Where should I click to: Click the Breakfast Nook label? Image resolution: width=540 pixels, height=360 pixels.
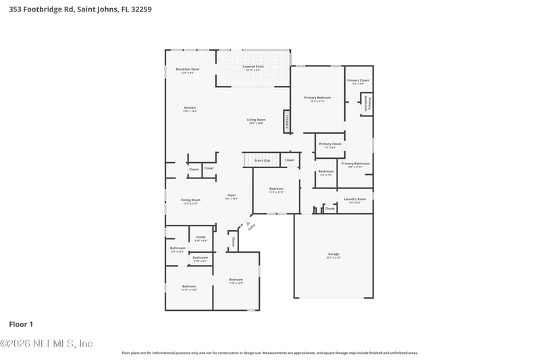[x=188, y=70]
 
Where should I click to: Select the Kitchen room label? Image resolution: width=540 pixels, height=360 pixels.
[x=190, y=108]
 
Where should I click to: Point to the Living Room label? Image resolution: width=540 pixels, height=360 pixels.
[x=256, y=120]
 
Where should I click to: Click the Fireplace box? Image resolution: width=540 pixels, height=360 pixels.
[x=287, y=122]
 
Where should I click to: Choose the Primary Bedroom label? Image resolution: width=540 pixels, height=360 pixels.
[x=317, y=99]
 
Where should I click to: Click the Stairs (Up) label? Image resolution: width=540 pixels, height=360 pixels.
[x=262, y=161]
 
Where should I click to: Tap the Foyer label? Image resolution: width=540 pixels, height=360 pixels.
[x=232, y=197]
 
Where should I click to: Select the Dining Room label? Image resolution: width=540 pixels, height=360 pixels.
[x=190, y=200]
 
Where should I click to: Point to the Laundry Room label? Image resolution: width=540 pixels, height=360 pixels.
[x=354, y=199]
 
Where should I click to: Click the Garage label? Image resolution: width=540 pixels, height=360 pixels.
[x=333, y=255]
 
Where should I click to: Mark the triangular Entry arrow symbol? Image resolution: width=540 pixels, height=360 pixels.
[x=248, y=224]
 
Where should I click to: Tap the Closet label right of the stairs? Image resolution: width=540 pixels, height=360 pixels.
[x=289, y=160]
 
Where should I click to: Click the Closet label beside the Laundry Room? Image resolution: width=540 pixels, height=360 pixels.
[x=329, y=209]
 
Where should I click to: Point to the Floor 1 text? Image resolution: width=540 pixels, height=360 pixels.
[x=21, y=324]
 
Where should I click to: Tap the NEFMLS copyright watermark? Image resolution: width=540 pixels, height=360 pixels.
[x=46, y=344]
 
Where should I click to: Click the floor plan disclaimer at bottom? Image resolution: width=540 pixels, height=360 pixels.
[x=269, y=353]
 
